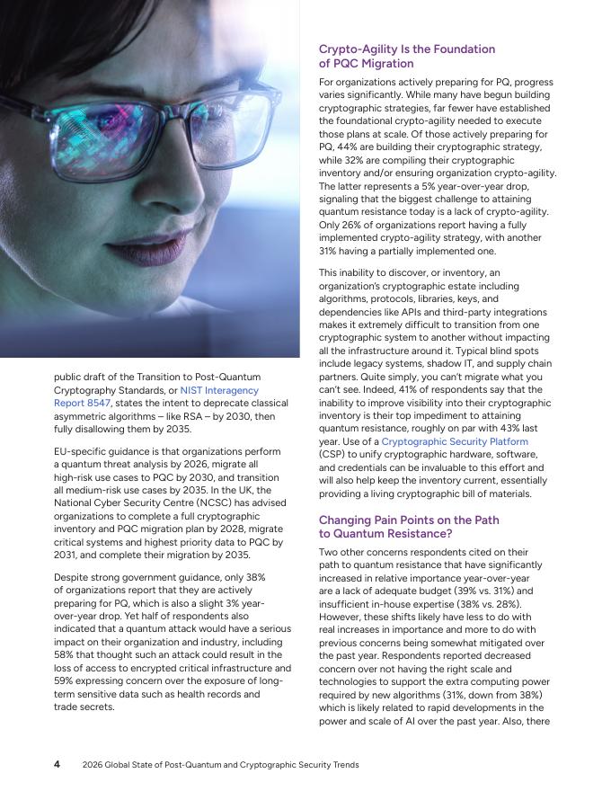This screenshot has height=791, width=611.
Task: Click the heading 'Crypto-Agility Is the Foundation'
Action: tap(406, 49)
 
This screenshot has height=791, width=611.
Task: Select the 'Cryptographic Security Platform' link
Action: tap(454, 441)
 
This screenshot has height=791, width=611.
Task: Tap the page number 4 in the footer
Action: tap(57, 764)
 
